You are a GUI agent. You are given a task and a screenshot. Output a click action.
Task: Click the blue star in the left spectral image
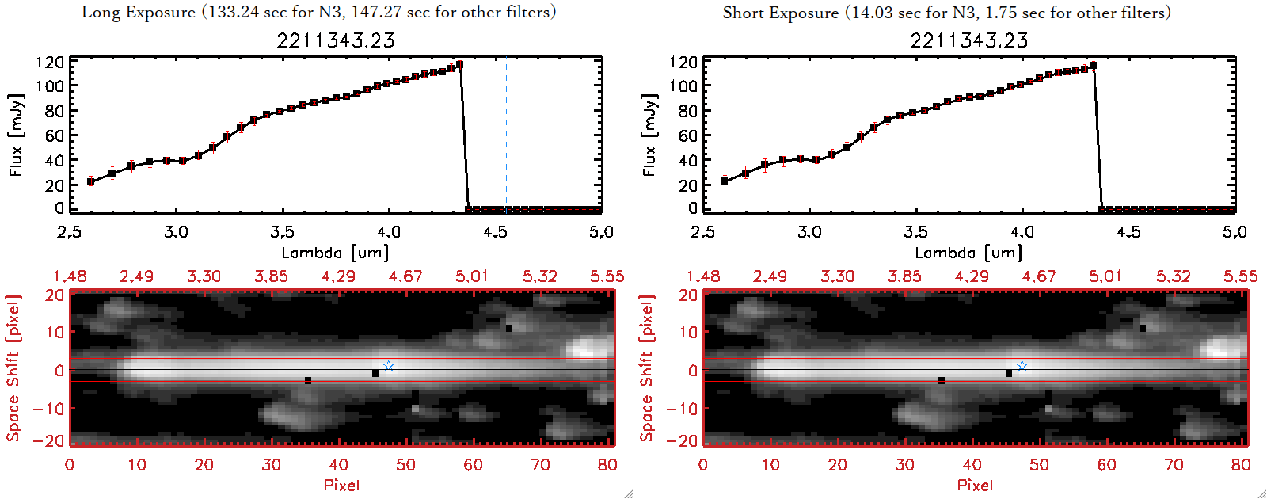pos(388,366)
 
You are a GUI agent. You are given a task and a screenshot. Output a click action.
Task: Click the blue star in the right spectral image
pos(1022,366)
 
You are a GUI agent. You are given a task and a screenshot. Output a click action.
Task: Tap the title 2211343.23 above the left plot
pos(336,40)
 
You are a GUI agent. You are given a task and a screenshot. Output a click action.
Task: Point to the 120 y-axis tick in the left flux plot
pos(50,62)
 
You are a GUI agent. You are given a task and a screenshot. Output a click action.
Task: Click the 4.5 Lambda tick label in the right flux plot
pos(1128,232)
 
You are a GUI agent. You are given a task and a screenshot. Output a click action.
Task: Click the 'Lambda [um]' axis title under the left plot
pos(335,253)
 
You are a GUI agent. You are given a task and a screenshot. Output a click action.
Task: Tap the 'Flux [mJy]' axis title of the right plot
pos(649,135)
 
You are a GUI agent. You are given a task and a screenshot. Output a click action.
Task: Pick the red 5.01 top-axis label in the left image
pos(472,276)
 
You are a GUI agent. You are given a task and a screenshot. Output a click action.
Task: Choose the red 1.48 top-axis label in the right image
pos(703,276)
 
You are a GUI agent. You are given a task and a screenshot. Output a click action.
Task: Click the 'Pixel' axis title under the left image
pos(341,485)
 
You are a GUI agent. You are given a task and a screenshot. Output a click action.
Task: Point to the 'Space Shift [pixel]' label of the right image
pos(647,368)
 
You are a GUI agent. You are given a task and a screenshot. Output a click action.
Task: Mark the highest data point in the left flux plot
pos(459,65)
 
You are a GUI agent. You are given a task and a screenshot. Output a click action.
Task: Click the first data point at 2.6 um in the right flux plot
pos(724,181)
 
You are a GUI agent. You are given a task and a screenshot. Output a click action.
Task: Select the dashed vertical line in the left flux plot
pos(506,135)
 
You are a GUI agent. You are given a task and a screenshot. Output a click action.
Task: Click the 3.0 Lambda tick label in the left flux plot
pos(176,232)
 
